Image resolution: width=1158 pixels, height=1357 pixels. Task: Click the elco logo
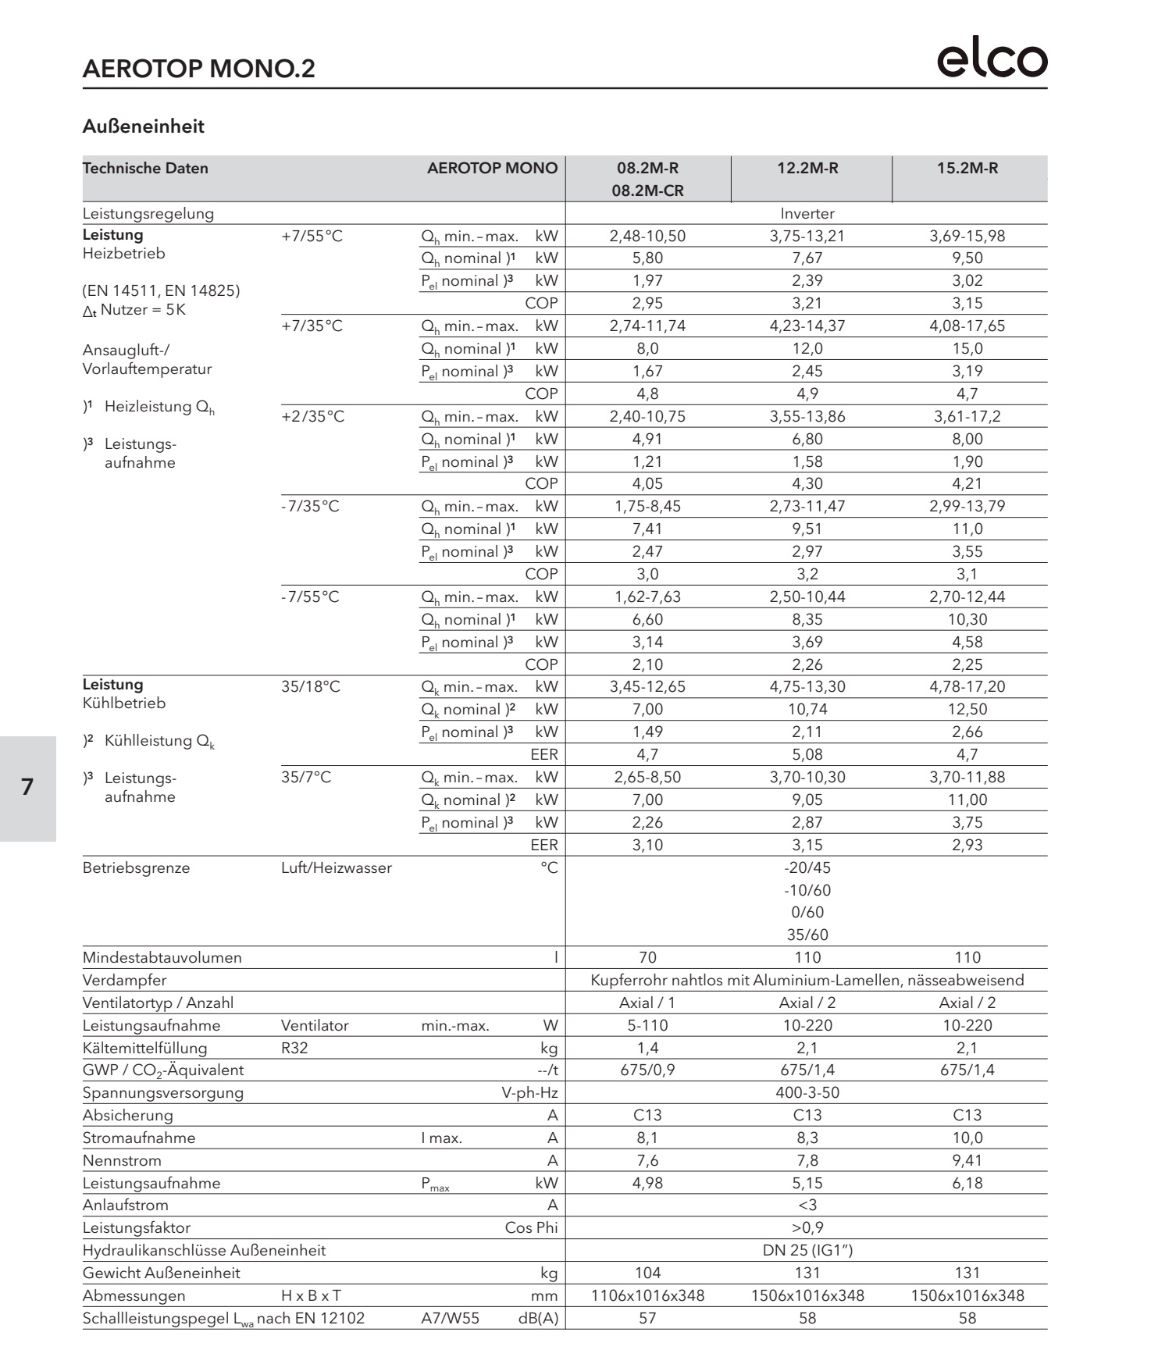pos(992,60)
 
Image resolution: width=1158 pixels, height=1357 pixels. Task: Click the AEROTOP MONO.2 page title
pos(198,69)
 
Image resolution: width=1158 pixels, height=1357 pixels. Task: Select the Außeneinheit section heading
pos(143,126)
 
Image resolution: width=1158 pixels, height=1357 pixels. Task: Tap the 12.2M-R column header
pos(807,168)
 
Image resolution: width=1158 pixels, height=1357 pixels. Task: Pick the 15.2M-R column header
pos(967,168)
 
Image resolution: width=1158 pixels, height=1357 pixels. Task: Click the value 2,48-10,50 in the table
pos(647,236)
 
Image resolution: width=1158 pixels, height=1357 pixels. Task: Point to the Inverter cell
pos(807,213)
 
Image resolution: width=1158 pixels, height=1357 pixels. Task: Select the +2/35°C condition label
pos(312,416)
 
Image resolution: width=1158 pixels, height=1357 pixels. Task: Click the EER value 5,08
pos(807,754)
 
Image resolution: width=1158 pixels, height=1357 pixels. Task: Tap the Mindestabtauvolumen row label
pos(162,957)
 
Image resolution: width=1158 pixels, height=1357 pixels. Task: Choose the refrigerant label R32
pos(294,1048)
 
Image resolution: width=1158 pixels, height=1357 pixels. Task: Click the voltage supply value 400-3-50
pos(807,1092)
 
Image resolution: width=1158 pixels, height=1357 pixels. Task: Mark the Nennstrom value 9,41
pos(967,1160)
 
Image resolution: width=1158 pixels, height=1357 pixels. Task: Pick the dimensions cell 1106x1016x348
pos(647,1295)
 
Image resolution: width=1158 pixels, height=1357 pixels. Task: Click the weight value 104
pos(647,1273)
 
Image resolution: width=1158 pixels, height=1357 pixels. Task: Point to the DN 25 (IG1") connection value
pos(807,1250)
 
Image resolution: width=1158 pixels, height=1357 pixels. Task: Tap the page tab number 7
pos(27,787)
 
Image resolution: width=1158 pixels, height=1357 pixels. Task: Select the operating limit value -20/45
pos(807,867)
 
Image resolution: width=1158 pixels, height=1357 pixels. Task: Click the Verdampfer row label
pos(124,980)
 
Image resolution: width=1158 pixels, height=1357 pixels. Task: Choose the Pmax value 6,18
pos(967,1183)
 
